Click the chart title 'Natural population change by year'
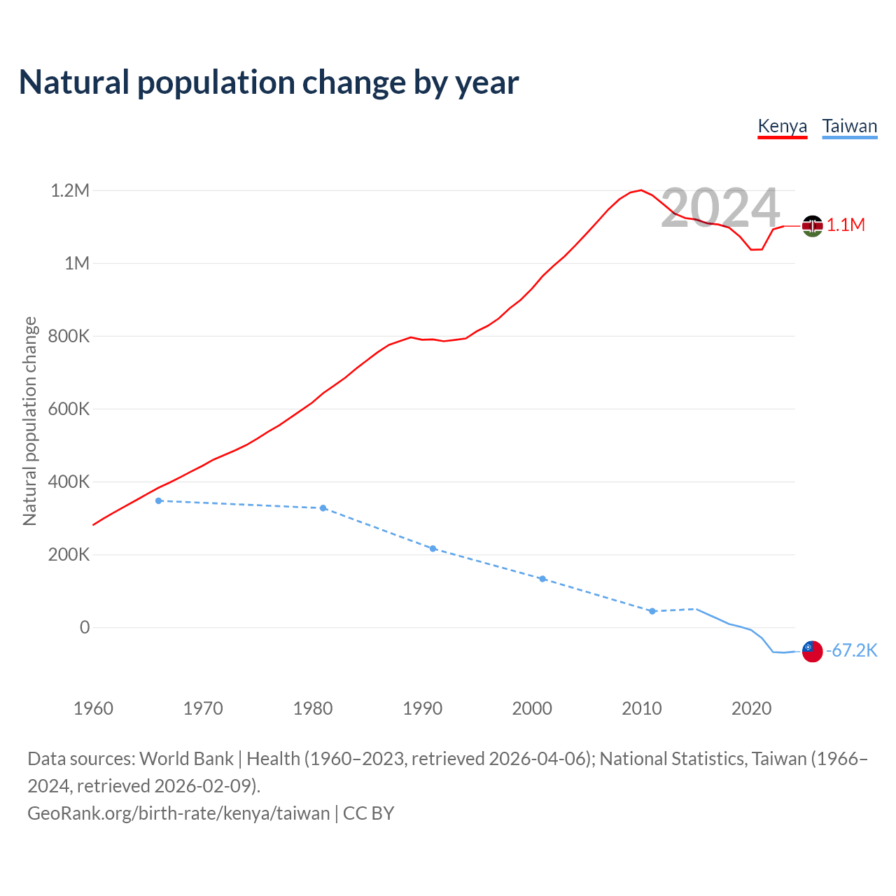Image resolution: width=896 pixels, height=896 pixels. click(x=269, y=83)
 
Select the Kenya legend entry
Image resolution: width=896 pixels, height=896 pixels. click(x=783, y=126)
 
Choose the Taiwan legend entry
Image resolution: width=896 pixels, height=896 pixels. click(x=849, y=126)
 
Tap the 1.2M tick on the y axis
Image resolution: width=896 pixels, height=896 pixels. click(x=70, y=190)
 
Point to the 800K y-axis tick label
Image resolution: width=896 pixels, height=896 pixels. click(x=70, y=336)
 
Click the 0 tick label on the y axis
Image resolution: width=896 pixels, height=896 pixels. click(x=85, y=627)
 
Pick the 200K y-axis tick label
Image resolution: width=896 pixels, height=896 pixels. click(x=70, y=554)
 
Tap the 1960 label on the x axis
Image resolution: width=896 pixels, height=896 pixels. click(x=93, y=708)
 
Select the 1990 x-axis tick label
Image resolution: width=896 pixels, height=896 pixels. click(x=423, y=708)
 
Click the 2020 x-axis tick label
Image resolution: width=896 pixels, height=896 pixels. click(x=752, y=708)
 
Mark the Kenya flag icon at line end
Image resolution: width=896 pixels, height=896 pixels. click(x=812, y=225)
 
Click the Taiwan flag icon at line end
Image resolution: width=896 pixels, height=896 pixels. click(x=812, y=651)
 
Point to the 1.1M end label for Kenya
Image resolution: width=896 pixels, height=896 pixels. click(x=846, y=225)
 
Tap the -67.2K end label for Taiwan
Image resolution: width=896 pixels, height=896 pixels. click(x=851, y=650)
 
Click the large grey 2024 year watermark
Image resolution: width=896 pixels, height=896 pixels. click(x=720, y=208)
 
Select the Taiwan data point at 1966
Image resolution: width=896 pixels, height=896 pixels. click(x=159, y=500)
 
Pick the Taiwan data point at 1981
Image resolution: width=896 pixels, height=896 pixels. click(x=323, y=508)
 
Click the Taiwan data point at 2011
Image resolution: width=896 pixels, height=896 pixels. click(x=652, y=611)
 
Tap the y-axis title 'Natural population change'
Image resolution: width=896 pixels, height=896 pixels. click(x=29, y=421)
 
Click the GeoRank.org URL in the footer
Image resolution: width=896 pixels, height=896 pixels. click(x=178, y=813)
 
